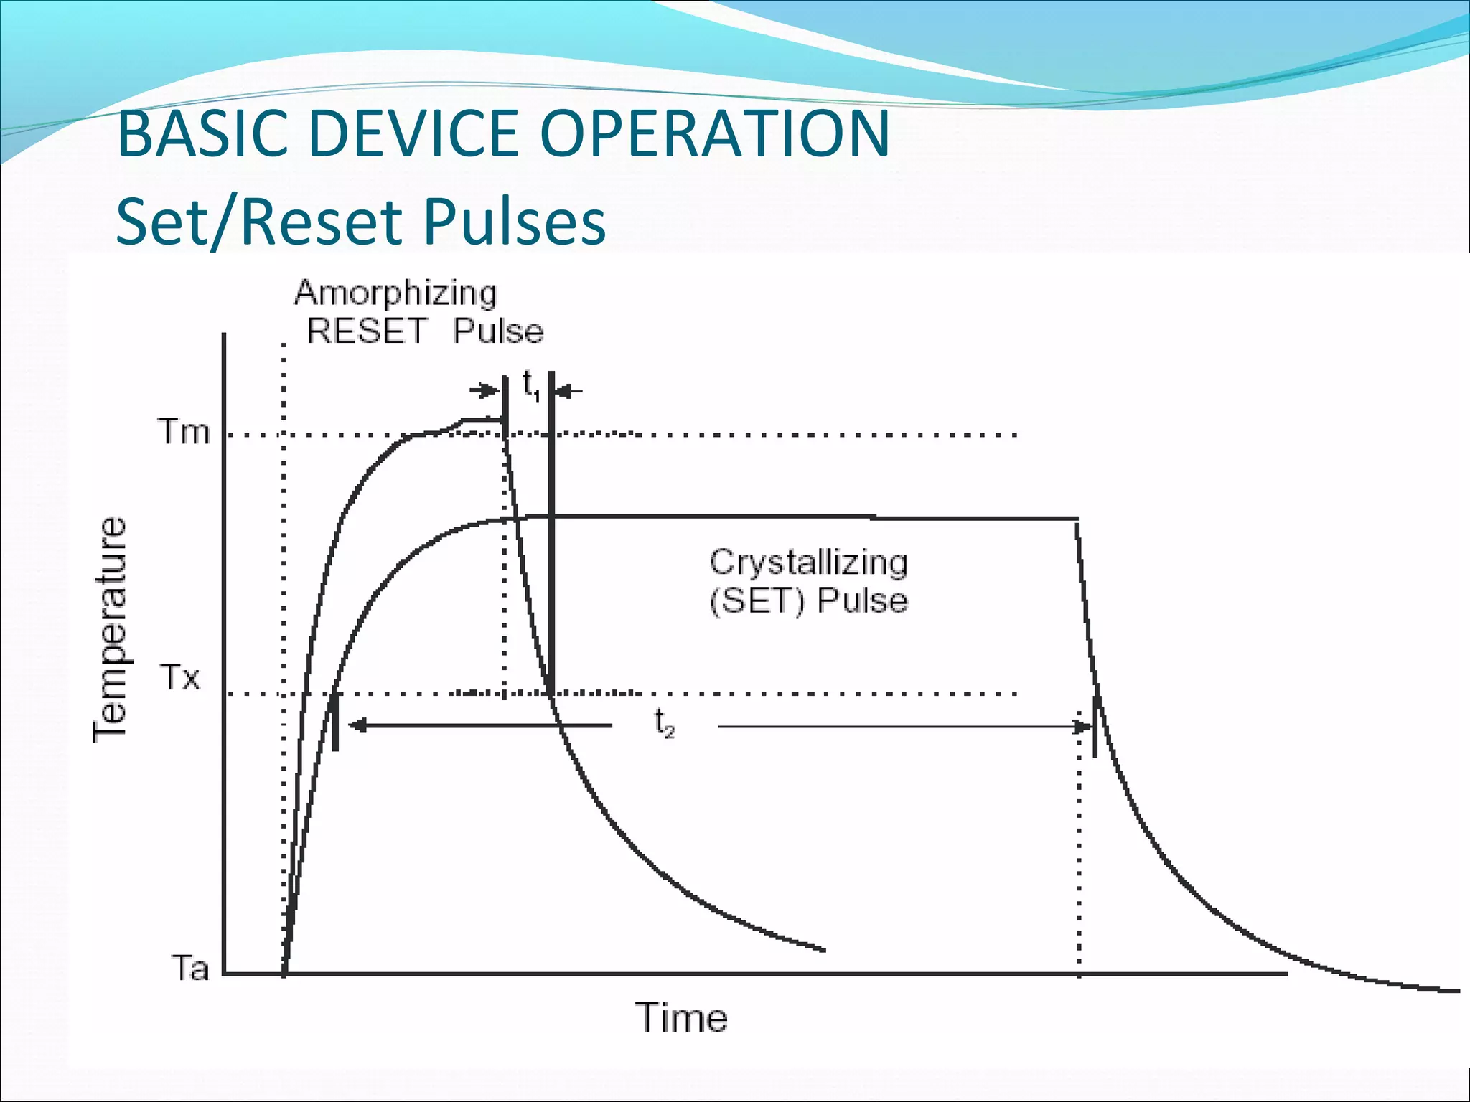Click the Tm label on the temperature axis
(184, 433)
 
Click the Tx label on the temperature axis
(179, 677)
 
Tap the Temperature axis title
(110, 628)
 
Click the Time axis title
(681, 1018)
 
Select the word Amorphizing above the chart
(395, 293)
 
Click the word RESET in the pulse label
(367, 331)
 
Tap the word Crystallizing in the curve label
(808, 562)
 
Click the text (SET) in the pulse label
(757, 601)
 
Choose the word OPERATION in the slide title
(714, 134)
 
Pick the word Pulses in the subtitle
(514, 222)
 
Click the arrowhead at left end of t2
(357, 725)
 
